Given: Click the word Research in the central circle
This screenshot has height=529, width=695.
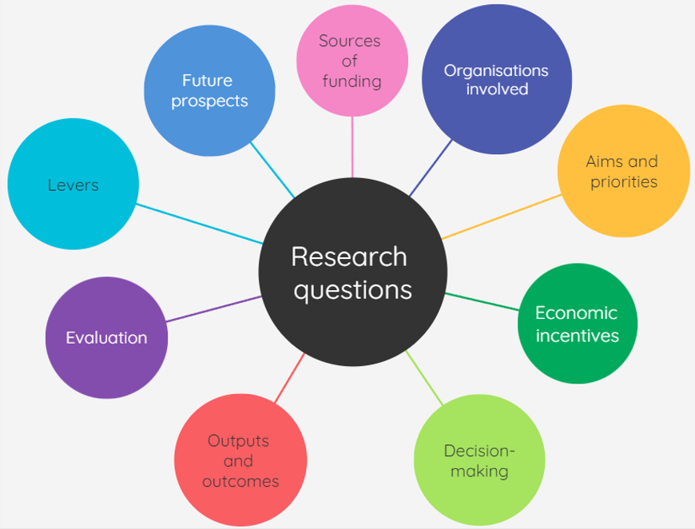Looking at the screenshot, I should click(349, 257).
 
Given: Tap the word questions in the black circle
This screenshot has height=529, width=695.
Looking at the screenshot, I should click(352, 289).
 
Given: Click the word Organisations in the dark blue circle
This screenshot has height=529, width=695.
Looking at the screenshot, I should click(496, 70).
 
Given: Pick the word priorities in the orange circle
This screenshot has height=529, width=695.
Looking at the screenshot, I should click(624, 182).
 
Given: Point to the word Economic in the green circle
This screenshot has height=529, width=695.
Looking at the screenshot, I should click(576, 312).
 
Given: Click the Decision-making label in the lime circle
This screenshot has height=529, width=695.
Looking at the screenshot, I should click(479, 461).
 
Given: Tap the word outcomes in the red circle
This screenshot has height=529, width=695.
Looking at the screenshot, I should click(240, 481).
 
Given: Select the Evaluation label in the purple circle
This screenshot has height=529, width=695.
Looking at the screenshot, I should click(106, 338).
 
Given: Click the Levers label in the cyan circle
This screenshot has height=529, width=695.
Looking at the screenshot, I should click(73, 185).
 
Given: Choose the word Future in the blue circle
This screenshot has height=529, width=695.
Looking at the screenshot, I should click(207, 81).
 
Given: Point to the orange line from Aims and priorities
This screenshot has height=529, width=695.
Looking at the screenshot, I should click(501, 217).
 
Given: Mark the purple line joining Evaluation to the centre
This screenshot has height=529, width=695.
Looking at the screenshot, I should click(214, 309).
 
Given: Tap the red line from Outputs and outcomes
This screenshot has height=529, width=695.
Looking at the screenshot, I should click(289, 378).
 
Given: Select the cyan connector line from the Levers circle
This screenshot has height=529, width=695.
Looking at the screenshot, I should click(200, 224).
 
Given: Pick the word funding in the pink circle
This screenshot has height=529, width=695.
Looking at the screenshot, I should click(351, 82).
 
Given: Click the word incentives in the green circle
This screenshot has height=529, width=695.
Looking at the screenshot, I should click(577, 336).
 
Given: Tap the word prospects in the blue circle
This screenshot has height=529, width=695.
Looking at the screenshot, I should click(209, 101).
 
